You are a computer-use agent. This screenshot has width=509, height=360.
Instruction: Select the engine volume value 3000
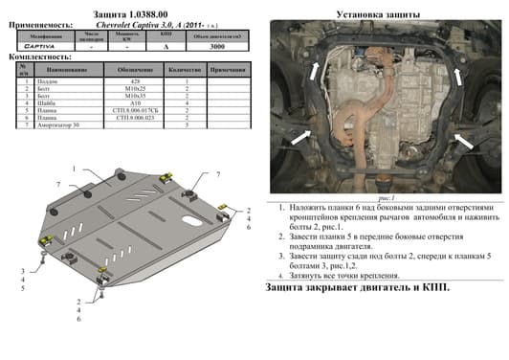[x=217, y=44]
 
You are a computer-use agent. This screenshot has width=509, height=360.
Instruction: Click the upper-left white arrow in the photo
[x=314, y=65]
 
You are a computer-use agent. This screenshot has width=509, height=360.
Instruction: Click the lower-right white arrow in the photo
[x=463, y=143]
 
